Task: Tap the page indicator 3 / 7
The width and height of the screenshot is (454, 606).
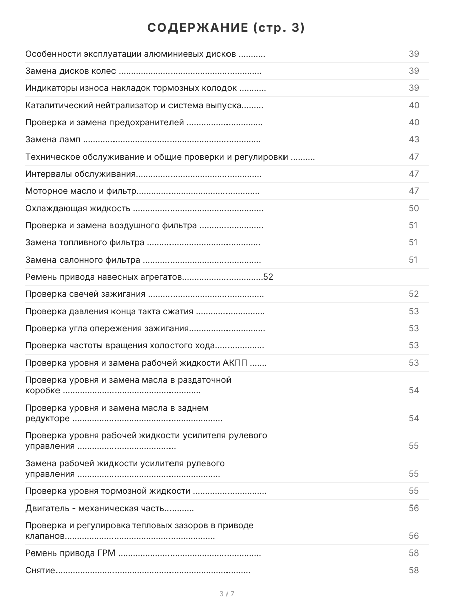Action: (x=226, y=594)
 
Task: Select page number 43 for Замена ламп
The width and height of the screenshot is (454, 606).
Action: (x=414, y=139)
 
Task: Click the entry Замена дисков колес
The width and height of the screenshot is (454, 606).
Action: (x=71, y=71)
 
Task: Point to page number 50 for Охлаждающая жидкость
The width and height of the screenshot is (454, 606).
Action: (x=414, y=208)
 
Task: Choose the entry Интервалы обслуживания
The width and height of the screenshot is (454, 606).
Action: (x=81, y=174)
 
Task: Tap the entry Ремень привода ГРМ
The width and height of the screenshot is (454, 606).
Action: (x=71, y=553)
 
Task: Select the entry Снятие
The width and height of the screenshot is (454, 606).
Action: (x=40, y=570)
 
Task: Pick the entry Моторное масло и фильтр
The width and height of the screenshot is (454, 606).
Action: (x=81, y=191)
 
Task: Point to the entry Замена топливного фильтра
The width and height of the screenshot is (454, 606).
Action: (x=85, y=242)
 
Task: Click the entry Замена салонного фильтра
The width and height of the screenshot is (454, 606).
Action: (x=83, y=260)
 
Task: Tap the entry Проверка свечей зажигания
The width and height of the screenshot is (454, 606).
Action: (x=86, y=294)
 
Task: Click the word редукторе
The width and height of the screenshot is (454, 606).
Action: (x=47, y=418)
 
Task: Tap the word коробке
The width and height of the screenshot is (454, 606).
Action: (x=43, y=390)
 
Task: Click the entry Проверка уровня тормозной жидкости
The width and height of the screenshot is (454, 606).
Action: (x=107, y=491)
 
